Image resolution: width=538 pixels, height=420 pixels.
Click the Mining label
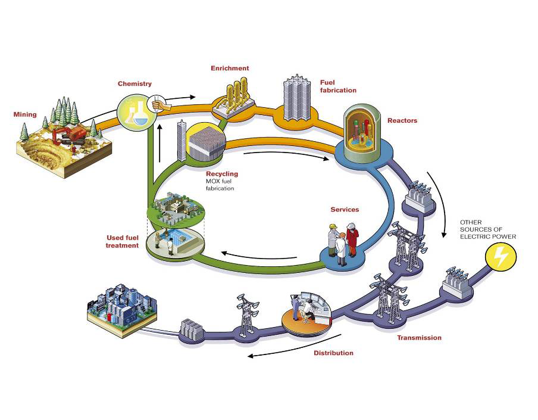25,114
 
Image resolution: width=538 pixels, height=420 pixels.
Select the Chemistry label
134,84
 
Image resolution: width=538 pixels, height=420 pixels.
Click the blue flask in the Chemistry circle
140,117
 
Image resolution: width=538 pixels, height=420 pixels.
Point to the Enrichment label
230,69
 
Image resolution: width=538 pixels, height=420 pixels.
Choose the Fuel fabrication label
338,86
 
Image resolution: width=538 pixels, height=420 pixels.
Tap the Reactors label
402,121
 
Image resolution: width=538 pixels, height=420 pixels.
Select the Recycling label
221,174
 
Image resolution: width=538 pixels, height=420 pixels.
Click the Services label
345,210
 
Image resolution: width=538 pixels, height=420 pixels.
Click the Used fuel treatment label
122,242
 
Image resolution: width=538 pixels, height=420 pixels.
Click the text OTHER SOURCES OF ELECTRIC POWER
487,229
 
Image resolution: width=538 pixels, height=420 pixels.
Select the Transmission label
420,338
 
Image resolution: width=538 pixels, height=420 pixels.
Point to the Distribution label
333,353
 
